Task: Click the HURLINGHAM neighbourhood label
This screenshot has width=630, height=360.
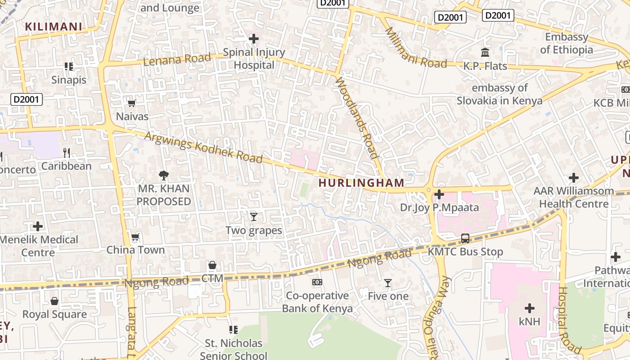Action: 361,183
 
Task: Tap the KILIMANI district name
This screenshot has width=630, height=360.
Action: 54,27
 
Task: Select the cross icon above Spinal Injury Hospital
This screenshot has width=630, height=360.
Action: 254,39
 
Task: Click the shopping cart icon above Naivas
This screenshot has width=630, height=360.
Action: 132,103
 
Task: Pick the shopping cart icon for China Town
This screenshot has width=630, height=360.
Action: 135,237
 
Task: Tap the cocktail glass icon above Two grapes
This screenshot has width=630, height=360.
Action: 254,217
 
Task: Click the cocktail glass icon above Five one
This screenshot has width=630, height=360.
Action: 388,283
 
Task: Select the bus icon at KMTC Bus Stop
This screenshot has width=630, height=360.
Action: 465,238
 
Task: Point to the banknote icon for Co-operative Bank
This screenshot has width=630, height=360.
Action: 317,282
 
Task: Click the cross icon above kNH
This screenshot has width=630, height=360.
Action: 530,308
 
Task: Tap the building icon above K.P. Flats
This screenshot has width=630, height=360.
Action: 485,53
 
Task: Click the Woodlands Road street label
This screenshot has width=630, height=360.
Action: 357,117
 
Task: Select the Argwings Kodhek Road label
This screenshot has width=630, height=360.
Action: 204,147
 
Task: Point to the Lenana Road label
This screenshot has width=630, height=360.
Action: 177,59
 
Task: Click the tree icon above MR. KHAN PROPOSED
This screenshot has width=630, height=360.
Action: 164,175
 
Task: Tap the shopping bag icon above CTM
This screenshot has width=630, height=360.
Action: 212,265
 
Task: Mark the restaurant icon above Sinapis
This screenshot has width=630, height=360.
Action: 69,67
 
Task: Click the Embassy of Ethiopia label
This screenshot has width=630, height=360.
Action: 567,43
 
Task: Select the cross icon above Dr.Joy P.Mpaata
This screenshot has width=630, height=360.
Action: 439,194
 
